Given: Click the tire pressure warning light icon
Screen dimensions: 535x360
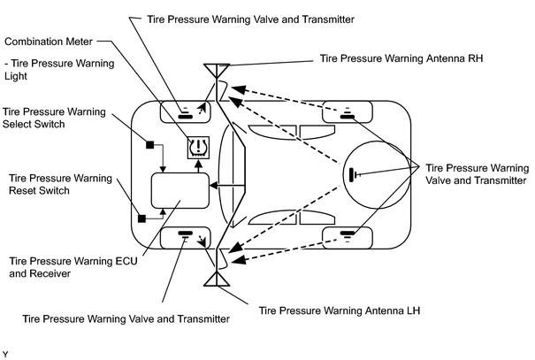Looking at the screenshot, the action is click(x=198, y=148).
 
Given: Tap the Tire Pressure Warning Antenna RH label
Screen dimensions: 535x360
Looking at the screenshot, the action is click(x=401, y=58).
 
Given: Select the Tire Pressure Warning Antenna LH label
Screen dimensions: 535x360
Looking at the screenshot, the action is click(x=340, y=310).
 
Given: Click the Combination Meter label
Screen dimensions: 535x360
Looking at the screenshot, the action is click(x=49, y=42).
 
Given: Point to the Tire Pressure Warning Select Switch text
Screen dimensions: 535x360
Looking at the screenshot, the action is click(x=54, y=118).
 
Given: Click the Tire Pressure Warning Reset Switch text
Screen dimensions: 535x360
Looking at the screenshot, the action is click(x=60, y=184).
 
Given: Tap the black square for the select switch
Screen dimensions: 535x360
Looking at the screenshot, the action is click(x=149, y=145).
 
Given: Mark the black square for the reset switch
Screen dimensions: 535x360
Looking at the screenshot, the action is click(x=141, y=218).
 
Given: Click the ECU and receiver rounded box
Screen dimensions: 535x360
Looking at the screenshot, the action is click(x=180, y=190).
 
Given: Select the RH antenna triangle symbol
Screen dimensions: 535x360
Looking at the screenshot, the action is click(x=217, y=70).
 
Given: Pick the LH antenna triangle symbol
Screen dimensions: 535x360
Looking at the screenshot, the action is click(x=217, y=279).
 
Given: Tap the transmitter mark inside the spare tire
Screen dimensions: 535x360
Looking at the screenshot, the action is click(x=355, y=175).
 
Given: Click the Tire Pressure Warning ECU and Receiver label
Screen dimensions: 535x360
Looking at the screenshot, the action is click(x=73, y=267).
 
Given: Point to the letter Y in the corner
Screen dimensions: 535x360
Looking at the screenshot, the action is click(x=5, y=355).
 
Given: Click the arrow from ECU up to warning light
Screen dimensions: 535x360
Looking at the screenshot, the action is click(x=198, y=166).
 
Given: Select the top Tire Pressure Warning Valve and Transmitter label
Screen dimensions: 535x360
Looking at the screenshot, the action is click(x=251, y=19).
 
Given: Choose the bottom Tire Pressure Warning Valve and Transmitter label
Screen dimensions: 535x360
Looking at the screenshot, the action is click(x=126, y=319).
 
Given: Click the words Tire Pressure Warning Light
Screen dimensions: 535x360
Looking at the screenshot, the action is click(x=59, y=70).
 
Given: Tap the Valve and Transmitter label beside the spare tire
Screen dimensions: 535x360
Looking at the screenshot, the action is click(x=477, y=174).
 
